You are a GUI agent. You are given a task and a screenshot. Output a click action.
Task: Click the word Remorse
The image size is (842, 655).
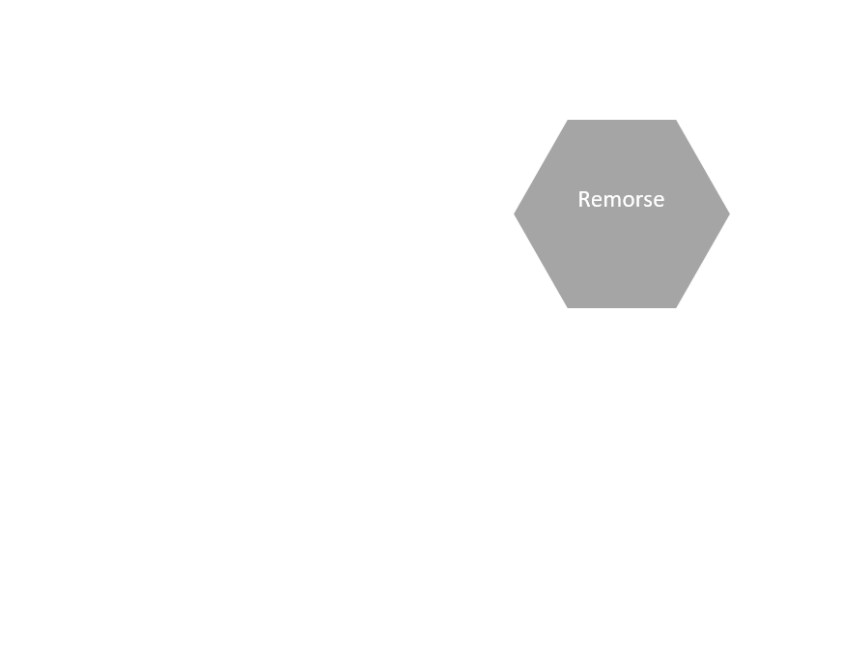621,199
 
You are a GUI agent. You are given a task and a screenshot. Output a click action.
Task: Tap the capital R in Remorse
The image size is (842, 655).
584,199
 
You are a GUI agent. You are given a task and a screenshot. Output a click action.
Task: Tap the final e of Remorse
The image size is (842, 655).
659,201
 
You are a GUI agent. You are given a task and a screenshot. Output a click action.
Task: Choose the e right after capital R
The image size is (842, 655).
596,201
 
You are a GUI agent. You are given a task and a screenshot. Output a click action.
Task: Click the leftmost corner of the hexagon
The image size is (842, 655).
515,214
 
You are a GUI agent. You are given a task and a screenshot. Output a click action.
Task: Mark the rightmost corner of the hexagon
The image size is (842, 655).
729,214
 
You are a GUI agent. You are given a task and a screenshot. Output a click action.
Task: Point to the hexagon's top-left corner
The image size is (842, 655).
568,120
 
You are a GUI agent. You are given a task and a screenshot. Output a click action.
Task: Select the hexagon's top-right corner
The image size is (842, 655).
676,120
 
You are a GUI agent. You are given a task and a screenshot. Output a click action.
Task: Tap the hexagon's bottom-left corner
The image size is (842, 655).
568,308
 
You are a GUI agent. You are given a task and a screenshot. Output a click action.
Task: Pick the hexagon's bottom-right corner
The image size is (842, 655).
676,308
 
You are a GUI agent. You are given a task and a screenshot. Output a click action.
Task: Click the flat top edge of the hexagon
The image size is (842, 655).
622,121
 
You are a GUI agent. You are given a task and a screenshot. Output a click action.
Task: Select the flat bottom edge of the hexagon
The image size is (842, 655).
622,307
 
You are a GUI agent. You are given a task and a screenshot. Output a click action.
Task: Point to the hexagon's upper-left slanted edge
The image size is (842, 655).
542,167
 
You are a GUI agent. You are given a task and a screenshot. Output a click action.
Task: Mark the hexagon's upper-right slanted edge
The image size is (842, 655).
702,167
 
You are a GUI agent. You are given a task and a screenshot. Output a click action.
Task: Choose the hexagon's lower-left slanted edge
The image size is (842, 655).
542,261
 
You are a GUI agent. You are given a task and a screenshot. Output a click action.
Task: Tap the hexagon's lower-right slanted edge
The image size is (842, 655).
702,261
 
